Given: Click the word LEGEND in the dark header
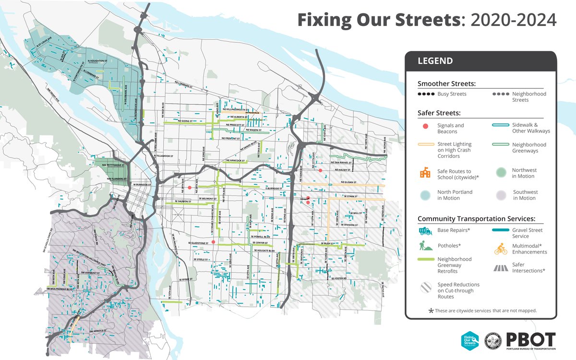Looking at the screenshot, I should click(435, 61).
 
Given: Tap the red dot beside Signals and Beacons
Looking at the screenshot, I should click(425, 126).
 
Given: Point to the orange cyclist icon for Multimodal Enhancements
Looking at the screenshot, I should click(500, 248).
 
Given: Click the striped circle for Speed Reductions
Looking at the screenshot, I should click(425, 288).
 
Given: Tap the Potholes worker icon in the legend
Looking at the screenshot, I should click(425, 246).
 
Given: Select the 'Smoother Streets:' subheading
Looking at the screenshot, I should click(446, 84).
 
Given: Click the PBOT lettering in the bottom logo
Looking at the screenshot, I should click(530, 338).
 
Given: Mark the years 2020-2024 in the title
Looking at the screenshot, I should click(514, 20).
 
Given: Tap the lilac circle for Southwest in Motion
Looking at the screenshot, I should click(500, 194).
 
